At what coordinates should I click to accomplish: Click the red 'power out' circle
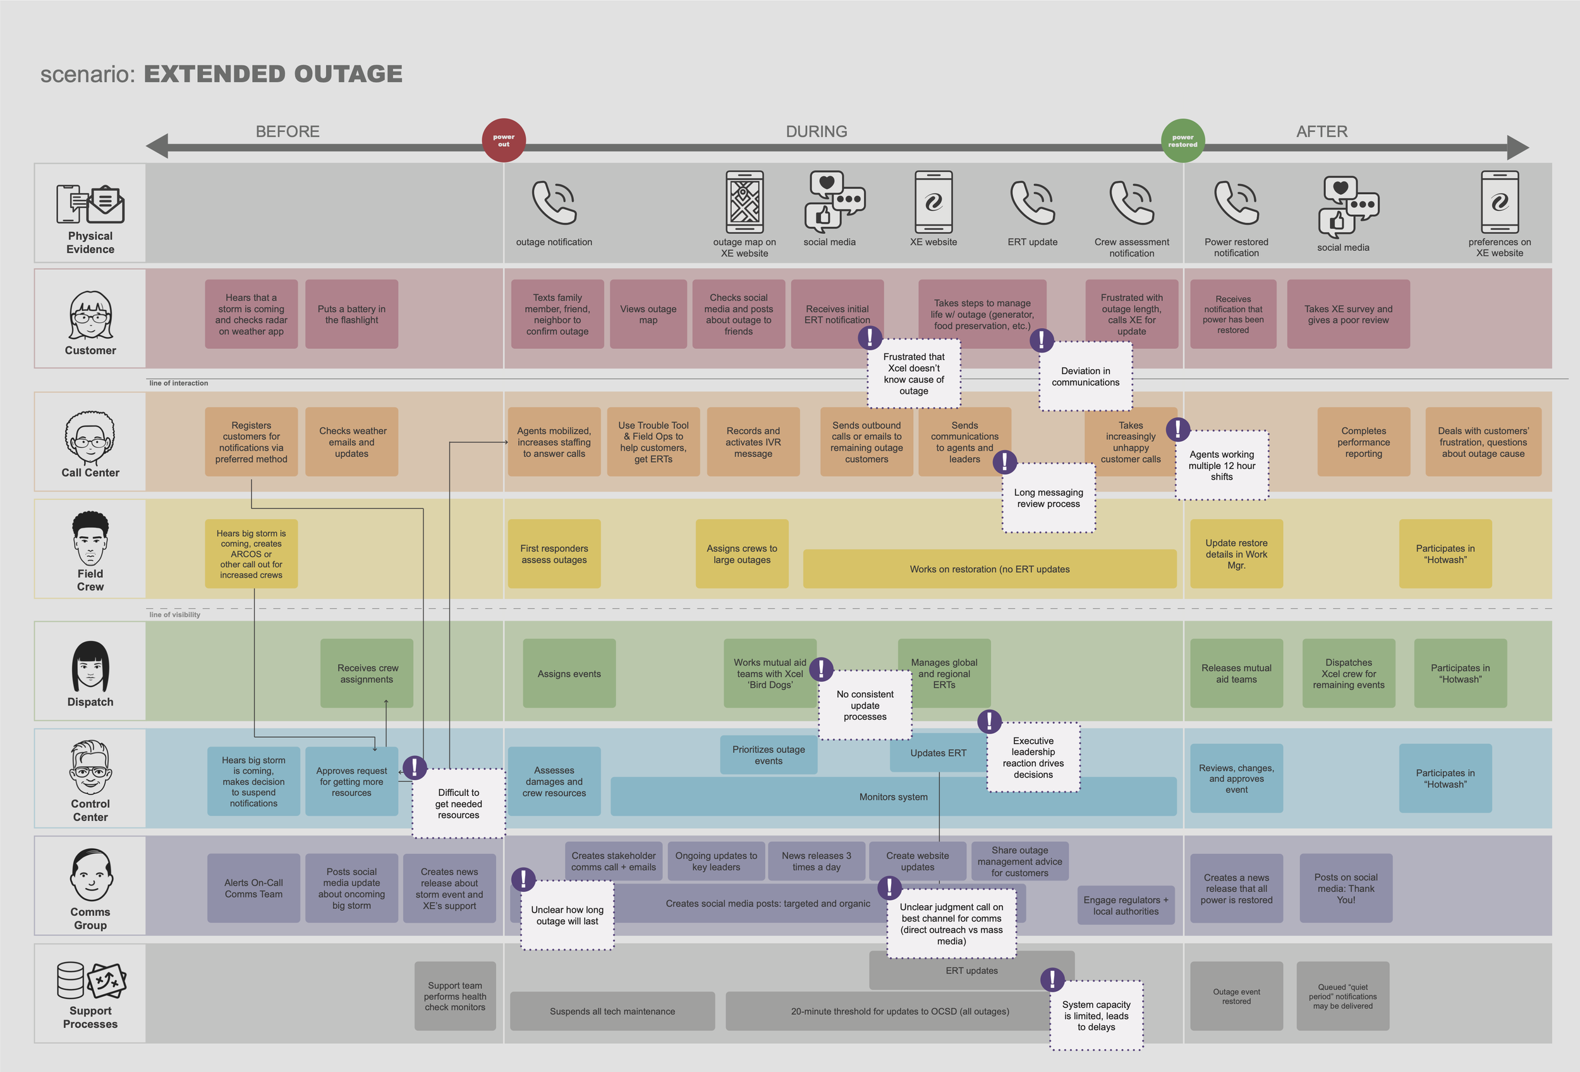click(x=504, y=141)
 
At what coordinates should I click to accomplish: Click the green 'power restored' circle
click(x=1182, y=141)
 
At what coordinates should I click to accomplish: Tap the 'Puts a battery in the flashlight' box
click(x=351, y=314)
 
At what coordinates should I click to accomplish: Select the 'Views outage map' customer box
click(x=648, y=314)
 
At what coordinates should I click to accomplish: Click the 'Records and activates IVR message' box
click(x=753, y=442)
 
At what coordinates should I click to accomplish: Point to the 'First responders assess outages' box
click(x=554, y=554)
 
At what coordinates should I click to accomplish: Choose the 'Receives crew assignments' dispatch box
click(x=367, y=673)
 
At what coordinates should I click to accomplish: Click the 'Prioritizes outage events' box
click(x=769, y=755)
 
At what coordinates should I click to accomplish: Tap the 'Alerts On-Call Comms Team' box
click(x=253, y=888)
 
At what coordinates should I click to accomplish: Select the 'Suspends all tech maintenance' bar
click(x=612, y=1011)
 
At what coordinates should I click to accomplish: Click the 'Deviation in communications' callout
click(x=1085, y=377)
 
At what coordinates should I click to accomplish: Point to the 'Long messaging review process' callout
click(x=1048, y=498)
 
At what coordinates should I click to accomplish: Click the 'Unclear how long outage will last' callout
click(x=567, y=915)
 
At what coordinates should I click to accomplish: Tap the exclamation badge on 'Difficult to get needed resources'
click(x=415, y=767)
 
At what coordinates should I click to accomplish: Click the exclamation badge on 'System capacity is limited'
click(x=1052, y=980)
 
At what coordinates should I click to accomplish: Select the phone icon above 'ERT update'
click(x=1032, y=202)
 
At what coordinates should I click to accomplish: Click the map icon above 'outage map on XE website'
click(x=744, y=202)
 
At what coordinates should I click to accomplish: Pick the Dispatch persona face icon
click(x=90, y=666)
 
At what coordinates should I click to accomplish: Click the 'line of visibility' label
click(x=174, y=614)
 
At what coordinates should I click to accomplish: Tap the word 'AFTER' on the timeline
click(x=1321, y=131)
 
